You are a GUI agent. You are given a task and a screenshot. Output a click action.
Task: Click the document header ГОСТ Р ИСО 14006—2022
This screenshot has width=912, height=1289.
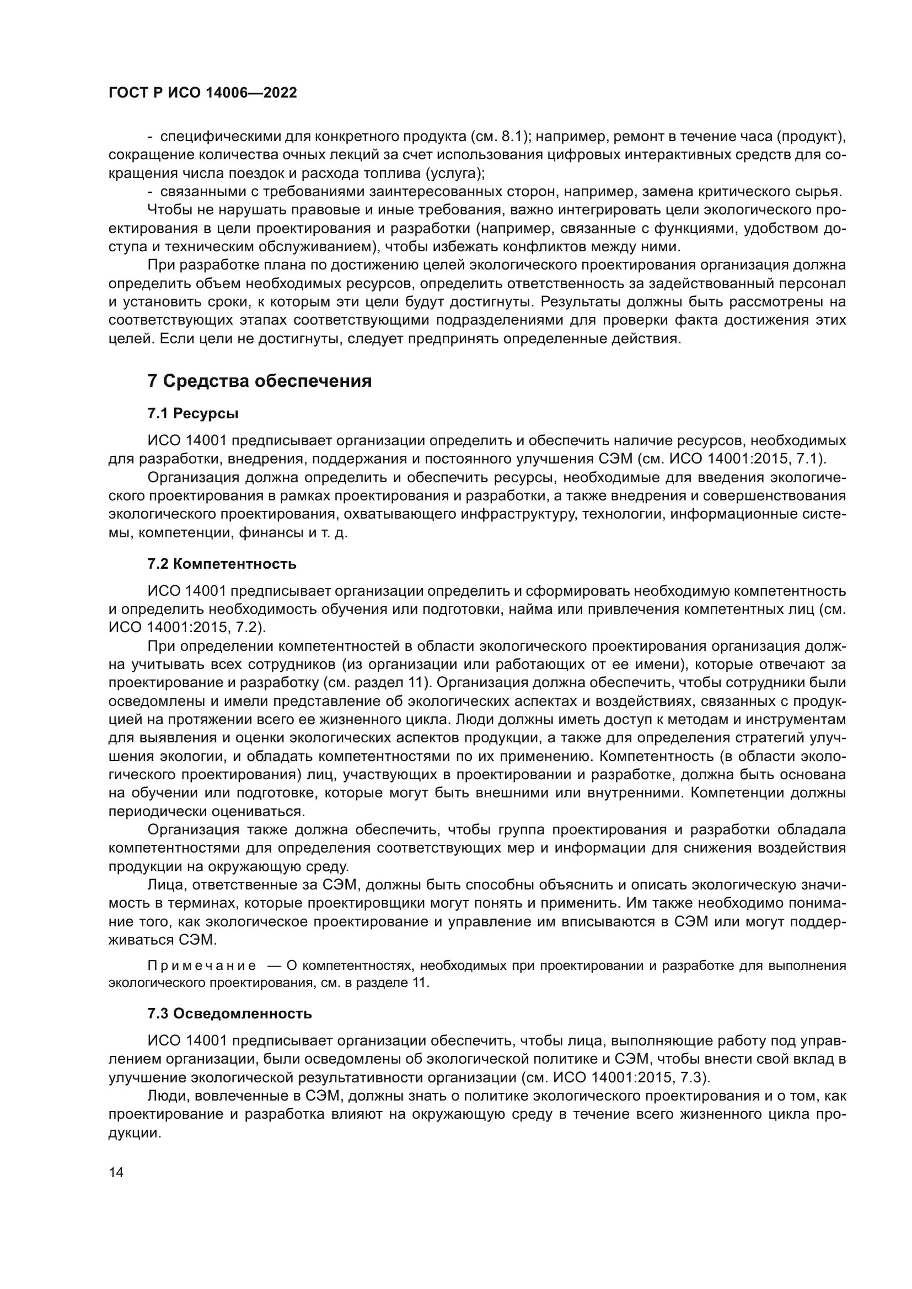click(202, 93)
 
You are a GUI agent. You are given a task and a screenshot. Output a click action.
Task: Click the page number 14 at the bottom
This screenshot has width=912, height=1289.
click(116, 1172)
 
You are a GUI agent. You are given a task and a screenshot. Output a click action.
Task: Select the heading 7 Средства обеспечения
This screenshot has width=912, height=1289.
click(260, 381)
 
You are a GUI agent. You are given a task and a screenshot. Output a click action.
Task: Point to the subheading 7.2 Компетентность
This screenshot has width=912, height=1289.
click(222, 564)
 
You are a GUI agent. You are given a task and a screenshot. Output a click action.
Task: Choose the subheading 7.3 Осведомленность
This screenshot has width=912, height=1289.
click(230, 1014)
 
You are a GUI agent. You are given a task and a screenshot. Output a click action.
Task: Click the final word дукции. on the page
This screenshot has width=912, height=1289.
click(135, 1133)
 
